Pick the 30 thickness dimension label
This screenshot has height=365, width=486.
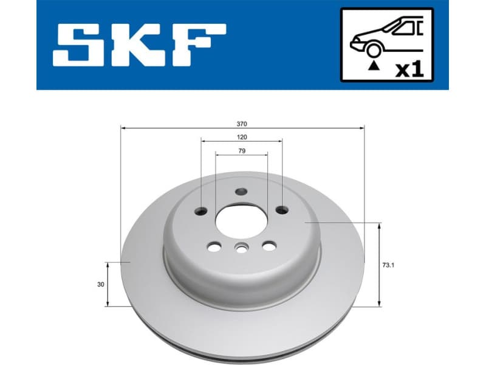click(x=100, y=284)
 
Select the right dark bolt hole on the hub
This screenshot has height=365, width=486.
click(x=281, y=210)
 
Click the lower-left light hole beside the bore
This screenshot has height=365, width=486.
click(x=213, y=246)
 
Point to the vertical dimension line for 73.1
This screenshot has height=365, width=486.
click(x=380, y=265)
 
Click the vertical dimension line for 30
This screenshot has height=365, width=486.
click(x=108, y=284)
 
